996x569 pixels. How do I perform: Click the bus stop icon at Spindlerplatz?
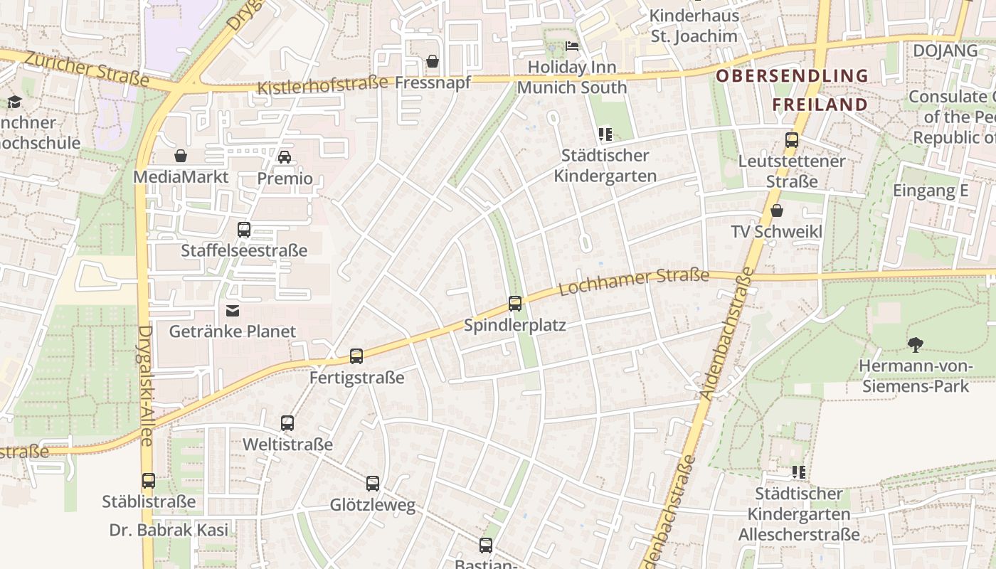pyautogui.click(x=515, y=304)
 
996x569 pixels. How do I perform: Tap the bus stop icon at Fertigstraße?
pyautogui.click(x=356, y=356)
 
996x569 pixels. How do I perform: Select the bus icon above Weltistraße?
pyautogui.click(x=287, y=423)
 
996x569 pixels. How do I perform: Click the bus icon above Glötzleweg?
pyautogui.click(x=373, y=484)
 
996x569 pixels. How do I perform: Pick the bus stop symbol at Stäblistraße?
pyautogui.click(x=148, y=481)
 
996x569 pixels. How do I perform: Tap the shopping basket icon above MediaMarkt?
pyautogui.click(x=181, y=156)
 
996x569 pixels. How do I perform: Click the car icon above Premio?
pyautogui.click(x=285, y=156)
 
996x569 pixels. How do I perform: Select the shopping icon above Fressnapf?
pyautogui.click(x=433, y=62)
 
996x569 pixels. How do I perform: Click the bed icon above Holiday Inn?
pyautogui.click(x=572, y=46)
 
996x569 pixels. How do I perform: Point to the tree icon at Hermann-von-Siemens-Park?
pyautogui.click(x=915, y=345)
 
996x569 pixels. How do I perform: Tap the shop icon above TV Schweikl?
pyautogui.click(x=777, y=211)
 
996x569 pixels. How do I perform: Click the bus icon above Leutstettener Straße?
pyautogui.click(x=791, y=139)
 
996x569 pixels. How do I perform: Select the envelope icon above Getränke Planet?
pyautogui.click(x=233, y=311)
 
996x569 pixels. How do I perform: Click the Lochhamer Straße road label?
pyautogui.click(x=634, y=282)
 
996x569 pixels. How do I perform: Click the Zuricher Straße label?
pyautogui.click(x=86, y=70)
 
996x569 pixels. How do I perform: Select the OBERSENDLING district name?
pyautogui.click(x=792, y=75)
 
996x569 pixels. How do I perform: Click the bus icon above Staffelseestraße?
pyautogui.click(x=244, y=230)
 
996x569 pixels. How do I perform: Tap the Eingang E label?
pyautogui.click(x=931, y=191)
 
